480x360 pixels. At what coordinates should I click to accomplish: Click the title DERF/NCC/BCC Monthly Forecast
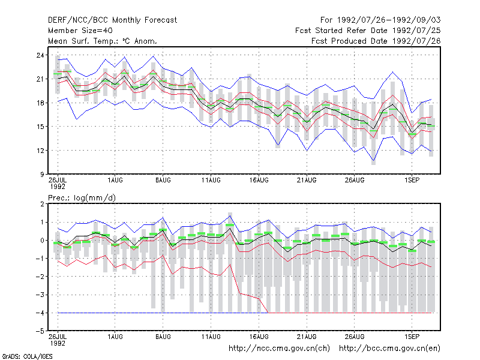[112, 20]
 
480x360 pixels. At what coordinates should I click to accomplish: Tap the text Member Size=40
[80, 31]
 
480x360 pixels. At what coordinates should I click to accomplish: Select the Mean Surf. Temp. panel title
[103, 41]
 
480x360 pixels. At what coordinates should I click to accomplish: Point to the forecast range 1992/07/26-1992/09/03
[389, 20]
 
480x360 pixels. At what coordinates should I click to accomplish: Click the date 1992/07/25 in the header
[416, 31]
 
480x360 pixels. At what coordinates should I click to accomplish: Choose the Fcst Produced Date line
[376, 41]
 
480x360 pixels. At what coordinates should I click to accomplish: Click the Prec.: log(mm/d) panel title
[82, 198]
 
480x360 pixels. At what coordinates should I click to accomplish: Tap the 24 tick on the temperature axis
[40, 55]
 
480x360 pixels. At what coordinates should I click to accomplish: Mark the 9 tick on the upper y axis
[42, 175]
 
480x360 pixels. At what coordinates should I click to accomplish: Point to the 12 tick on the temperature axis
[40, 151]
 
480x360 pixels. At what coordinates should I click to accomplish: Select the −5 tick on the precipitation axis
[40, 331]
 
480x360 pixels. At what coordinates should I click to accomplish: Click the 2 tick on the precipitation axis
[42, 204]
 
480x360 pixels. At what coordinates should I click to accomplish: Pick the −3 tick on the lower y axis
[40, 295]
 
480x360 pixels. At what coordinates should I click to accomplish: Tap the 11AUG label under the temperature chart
[211, 181]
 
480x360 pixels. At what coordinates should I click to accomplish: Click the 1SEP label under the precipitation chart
[412, 337]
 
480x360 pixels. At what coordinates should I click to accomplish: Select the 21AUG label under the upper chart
[307, 181]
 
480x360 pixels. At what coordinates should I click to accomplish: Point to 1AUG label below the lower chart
[115, 337]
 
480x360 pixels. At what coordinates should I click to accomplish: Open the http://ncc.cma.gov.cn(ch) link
[279, 349]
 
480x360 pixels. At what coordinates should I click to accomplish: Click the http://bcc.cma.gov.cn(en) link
[389, 349]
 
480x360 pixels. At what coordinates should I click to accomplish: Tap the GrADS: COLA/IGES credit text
[27, 356]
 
